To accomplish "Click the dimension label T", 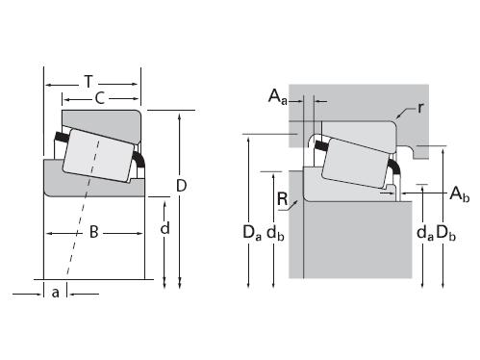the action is (88, 82).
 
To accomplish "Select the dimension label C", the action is (100, 98).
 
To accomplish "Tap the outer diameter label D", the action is (182, 186).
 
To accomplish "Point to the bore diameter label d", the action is (164, 228).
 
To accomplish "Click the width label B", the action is (93, 232).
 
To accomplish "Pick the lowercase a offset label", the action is (56, 293).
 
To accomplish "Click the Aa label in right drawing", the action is (278, 96).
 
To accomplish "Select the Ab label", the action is (460, 193).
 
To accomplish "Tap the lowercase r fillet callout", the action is (420, 108).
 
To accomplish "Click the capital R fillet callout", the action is (283, 199).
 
